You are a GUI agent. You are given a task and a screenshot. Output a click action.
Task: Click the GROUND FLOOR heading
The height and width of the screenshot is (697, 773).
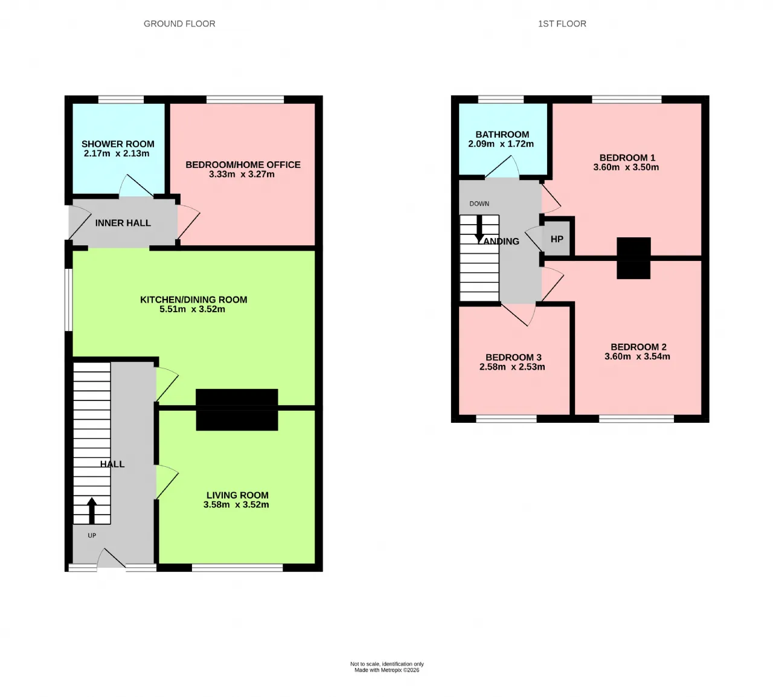(x=179, y=24)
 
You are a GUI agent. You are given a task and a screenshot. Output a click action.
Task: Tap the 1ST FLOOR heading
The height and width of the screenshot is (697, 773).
(x=562, y=24)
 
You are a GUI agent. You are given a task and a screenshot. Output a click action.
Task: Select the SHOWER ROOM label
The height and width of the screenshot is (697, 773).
(x=118, y=144)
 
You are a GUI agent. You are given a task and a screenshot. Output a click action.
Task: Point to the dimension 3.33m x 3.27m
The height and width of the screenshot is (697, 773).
(x=242, y=174)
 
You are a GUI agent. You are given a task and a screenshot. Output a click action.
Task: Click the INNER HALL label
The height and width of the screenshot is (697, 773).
(x=123, y=223)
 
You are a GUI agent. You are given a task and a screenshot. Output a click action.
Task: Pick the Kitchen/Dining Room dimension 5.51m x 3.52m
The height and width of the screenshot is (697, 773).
(x=192, y=309)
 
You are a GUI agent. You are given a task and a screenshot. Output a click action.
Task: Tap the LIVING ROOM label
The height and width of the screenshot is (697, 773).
(x=237, y=495)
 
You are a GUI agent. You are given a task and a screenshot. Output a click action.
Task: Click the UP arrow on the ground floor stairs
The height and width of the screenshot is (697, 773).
(x=92, y=510)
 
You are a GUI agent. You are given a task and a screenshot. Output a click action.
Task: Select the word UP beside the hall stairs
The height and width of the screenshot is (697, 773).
(x=92, y=535)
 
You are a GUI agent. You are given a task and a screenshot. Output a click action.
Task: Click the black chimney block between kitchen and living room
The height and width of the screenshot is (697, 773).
(x=237, y=410)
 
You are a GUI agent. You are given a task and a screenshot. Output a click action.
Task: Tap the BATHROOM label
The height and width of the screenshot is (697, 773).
(x=502, y=135)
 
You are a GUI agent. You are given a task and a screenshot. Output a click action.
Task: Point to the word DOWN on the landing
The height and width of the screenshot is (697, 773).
(x=479, y=204)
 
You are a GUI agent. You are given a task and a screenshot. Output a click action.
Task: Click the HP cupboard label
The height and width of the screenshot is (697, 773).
(x=557, y=239)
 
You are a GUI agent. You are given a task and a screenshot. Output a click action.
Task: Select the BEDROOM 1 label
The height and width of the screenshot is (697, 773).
(x=627, y=158)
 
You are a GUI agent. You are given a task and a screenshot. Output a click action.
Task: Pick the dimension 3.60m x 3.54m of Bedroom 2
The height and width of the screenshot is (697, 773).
(x=637, y=356)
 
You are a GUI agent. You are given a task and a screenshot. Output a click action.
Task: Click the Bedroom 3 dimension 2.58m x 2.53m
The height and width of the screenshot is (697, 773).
(x=512, y=367)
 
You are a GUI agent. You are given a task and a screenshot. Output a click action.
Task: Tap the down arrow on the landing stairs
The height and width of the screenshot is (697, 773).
(x=480, y=228)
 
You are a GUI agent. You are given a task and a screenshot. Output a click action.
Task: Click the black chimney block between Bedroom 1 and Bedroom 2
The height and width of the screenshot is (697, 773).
(x=633, y=258)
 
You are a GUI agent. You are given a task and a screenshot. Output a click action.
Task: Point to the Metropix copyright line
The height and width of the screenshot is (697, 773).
(x=387, y=670)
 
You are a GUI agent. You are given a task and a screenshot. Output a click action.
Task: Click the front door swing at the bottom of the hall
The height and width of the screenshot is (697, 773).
(x=111, y=558)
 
